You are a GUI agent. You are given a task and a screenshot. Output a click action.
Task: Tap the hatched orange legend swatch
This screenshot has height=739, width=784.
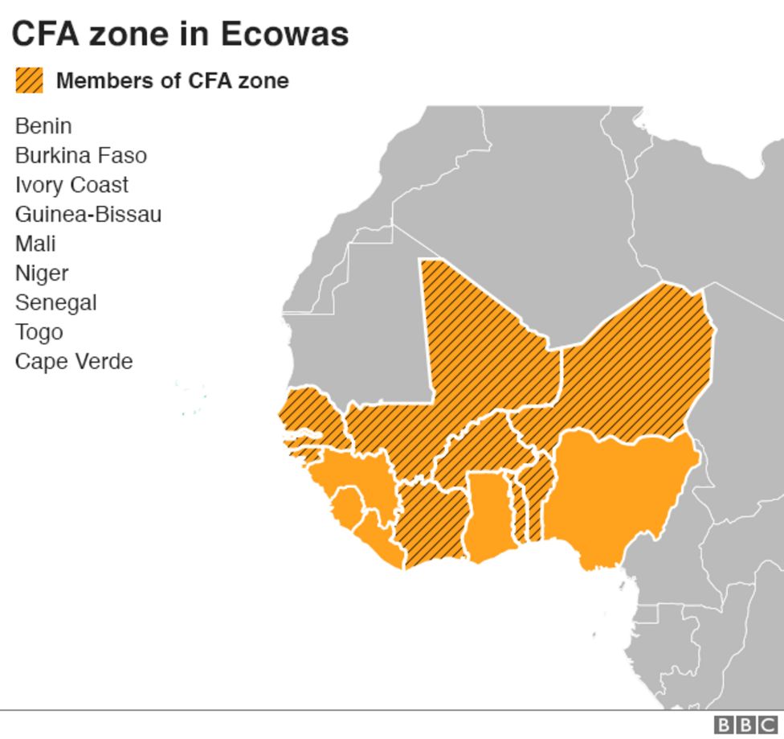click(x=29, y=80)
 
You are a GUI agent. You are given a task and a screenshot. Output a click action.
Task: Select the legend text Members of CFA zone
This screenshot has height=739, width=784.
click(x=172, y=80)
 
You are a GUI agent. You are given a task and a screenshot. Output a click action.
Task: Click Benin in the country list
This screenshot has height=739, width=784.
click(x=43, y=125)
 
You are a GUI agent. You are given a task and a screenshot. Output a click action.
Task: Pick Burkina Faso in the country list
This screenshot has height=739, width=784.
click(x=80, y=155)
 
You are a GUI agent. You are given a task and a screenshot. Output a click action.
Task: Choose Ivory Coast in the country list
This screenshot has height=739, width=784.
click(x=71, y=184)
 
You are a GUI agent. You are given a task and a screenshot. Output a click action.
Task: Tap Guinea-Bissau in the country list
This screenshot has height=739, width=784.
click(x=88, y=214)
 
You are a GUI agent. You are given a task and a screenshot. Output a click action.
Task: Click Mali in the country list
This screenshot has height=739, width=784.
click(x=35, y=243)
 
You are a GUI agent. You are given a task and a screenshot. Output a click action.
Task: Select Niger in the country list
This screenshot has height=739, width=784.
click(x=42, y=273)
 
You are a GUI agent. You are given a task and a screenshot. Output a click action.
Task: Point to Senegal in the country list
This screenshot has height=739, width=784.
click(x=55, y=302)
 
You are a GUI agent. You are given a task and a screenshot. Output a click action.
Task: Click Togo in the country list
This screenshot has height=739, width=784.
click(x=39, y=331)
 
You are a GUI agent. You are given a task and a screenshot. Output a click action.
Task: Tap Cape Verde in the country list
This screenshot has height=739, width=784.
click(x=73, y=361)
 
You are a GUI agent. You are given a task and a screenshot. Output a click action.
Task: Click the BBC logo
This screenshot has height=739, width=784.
click(x=745, y=725)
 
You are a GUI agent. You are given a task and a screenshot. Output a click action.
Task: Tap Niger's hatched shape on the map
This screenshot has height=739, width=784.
click(x=635, y=362)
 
